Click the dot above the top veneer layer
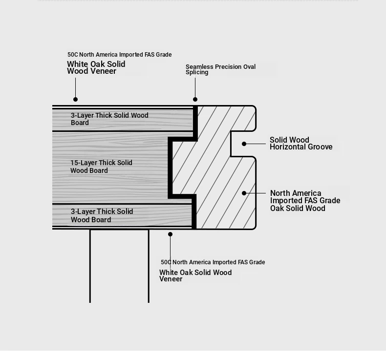(x=76, y=100)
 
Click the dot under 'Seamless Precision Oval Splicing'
(x=195, y=100)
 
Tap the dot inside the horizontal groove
(x=244, y=144)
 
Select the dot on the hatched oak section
(x=244, y=193)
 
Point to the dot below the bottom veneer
(x=170, y=234)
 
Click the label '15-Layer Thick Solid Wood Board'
(x=102, y=167)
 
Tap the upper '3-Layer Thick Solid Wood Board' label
(x=109, y=119)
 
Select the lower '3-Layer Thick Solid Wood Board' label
(x=102, y=215)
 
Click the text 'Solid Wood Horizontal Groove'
(x=301, y=143)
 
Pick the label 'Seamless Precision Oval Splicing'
(x=220, y=69)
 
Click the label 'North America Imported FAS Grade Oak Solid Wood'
(x=305, y=201)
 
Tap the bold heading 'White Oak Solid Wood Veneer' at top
(x=96, y=67)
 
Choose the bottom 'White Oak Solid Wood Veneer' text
(x=195, y=275)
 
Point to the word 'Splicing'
(x=197, y=72)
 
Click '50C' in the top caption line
(x=73, y=55)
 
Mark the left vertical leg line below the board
(x=90, y=266)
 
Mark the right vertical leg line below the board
(x=149, y=266)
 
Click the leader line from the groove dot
(x=255, y=144)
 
